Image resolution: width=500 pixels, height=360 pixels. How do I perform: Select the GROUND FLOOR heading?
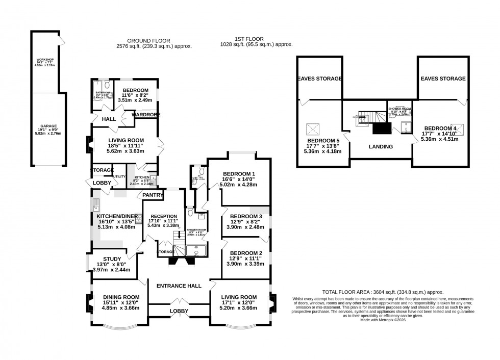tap(148, 41)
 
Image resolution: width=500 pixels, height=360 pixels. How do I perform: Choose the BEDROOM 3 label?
tap(246, 216)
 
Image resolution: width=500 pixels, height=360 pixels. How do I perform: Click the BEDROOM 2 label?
tap(246, 253)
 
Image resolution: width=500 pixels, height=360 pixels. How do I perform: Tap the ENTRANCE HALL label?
tap(179, 286)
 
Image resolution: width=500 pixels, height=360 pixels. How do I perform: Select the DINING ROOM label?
tap(121, 297)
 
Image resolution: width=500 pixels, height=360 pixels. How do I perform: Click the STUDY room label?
tap(112, 259)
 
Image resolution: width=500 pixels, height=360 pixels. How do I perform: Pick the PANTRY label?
tap(153, 195)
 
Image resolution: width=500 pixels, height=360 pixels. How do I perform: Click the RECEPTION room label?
tap(163, 216)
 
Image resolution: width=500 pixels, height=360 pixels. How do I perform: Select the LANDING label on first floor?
tap(381, 147)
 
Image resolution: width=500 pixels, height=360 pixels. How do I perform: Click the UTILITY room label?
tap(119, 176)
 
